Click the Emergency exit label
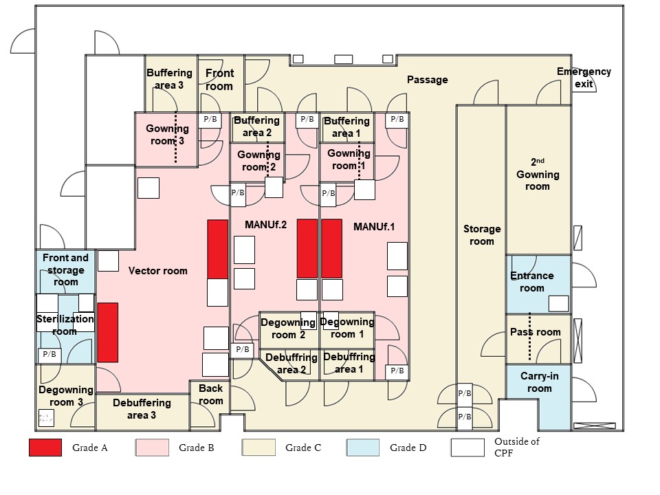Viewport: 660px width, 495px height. click(583, 78)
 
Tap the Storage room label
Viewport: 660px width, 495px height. click(482, 235)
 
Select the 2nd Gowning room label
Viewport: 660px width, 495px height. click(538, 175)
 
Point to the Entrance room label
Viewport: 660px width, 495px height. click(531, 282)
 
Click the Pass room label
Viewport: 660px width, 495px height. click(536, 332)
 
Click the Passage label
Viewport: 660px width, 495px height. click(427, 80)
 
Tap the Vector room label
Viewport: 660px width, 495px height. click(157, 271)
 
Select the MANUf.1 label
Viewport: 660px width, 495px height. click(375, 226)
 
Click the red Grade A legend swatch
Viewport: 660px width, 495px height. click(45, 448)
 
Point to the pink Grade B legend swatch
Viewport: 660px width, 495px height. click(151, 448)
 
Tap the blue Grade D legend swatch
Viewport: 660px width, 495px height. click(363, 448)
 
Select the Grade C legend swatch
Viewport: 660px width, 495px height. click(258, 448)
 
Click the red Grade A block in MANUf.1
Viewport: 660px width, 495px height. click(331, 248)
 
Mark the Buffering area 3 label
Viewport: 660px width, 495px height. click(165, 79)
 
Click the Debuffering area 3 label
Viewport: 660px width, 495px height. click(142, 408)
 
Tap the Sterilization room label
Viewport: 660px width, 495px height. click(65, 325)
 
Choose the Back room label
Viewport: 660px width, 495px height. click(210, 395)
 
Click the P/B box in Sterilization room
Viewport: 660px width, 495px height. click(49, 355)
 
